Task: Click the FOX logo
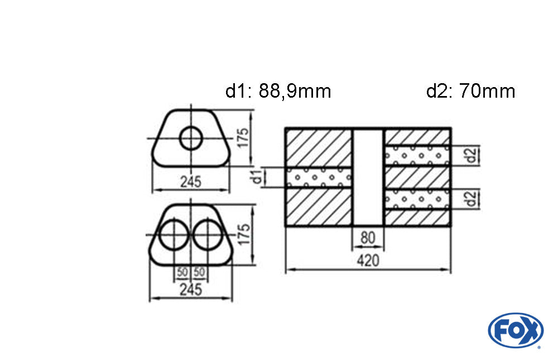coord(516,330)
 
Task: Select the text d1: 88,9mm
coord(278,91)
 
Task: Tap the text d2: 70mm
coord(470,91)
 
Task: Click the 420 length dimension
coord(368,261)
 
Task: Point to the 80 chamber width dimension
coord(368,238)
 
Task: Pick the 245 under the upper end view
coord(191,182)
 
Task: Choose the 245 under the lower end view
coord(191,290)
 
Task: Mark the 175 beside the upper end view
coord(243,138)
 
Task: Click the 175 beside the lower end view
coord(244,234)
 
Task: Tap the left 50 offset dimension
coord(182,272)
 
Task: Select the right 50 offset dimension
coord(199,272)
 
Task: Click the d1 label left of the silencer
coord(257,177)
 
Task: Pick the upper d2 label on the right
coord(471,155)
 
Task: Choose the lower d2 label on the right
coord(471,199)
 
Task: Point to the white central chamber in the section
coord(368,177)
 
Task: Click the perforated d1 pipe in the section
coord(319,177)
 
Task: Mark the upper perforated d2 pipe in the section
coord(417,155)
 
